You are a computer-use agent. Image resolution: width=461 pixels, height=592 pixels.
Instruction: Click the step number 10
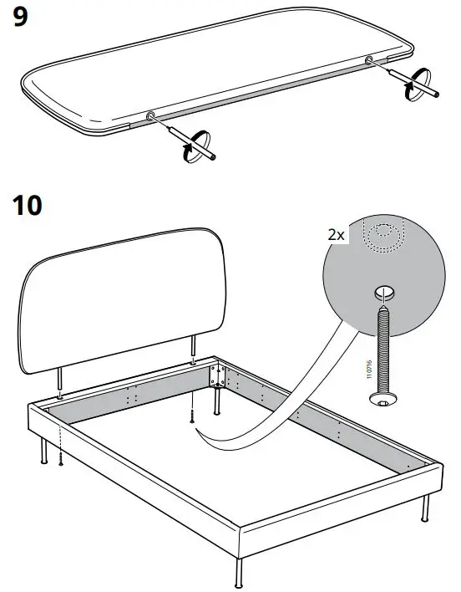pos(28,205)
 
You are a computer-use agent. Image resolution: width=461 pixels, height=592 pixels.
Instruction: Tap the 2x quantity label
pos(336,237)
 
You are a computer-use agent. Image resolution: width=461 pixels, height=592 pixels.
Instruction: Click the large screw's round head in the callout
pos(383,403)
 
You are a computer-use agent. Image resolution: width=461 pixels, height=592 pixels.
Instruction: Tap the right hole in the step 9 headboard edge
pos(369,59)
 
